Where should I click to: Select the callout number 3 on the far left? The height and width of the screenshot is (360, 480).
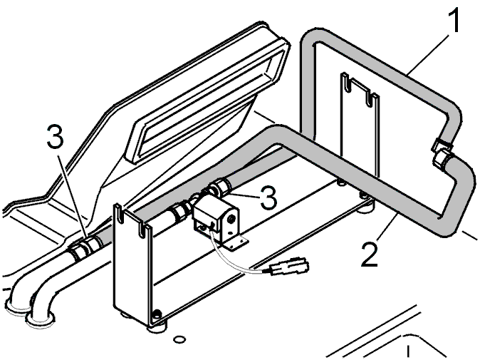pyautogui.click(x=56, y=136)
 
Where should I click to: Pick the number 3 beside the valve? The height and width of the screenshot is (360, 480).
pyautogui.click(x=268, y=197)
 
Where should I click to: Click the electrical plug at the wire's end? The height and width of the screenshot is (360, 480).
pyautogui.click(x=289, y=266)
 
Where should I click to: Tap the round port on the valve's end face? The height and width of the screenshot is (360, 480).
pyautogui.click(x=231, y=218)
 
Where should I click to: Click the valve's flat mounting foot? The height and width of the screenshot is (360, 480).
pyautogui.click(x=235, y=244)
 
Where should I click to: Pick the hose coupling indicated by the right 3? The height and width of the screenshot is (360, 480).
pyautogui.click(x=221, y=187)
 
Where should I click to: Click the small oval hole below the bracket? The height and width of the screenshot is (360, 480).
pyautogui.click(x=179, y=339)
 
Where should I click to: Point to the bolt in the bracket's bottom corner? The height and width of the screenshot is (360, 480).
pyautogui.click(x=157, y=313)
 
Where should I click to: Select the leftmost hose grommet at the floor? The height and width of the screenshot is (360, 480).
pyautogui.click(x=17, y=308)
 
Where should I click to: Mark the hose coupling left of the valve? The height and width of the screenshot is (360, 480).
pyautogui.click(x=178, y=212)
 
